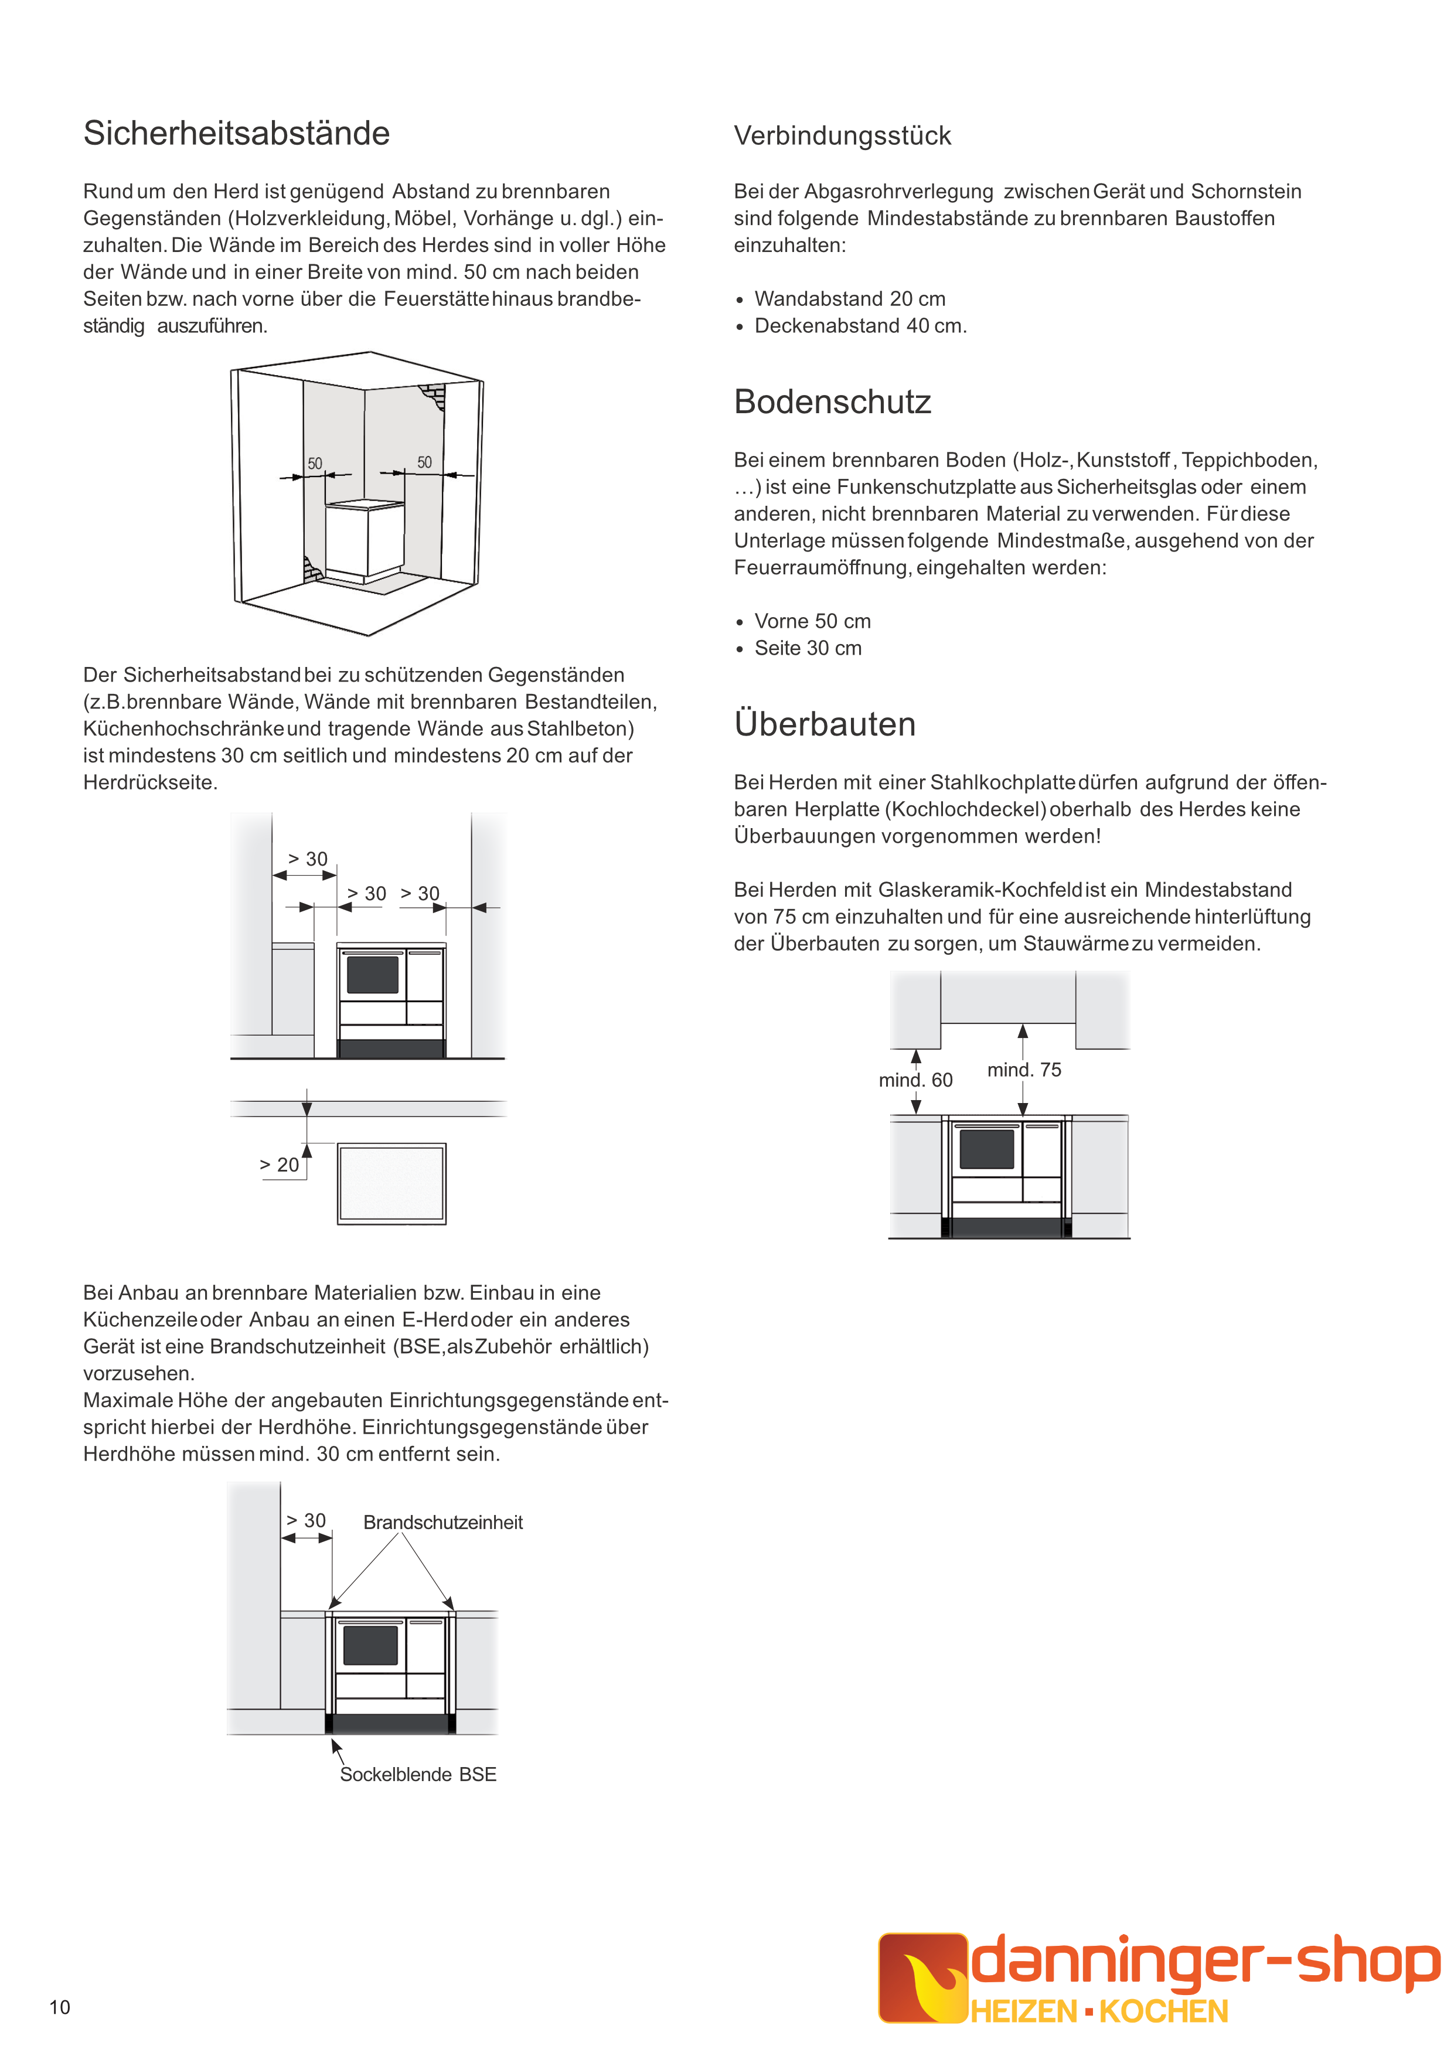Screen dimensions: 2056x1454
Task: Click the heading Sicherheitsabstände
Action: pos(236,134)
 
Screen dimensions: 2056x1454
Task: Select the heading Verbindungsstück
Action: pos(842,136)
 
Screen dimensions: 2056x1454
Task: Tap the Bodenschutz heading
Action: pos(832,402)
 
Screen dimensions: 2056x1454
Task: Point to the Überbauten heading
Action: pos(825,724)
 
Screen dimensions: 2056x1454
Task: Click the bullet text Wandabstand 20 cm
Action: pos(850,299)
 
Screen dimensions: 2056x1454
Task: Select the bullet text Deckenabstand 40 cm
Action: pos(860,326)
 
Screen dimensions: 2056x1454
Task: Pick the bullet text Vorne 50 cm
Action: pos(812,621)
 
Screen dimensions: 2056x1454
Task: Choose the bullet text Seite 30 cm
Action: pos(808,648)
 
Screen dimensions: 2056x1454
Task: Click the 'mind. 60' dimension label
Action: pos(915,1080)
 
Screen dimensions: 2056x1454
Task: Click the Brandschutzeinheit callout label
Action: pos(442,1522)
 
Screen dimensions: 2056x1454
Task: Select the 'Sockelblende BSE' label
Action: pos(418,1775)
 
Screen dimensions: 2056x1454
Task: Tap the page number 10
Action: pos(59,2007)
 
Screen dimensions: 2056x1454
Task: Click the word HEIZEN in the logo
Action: pos(1024,2012)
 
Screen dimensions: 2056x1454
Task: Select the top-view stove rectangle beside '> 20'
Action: pos(391,1183)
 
